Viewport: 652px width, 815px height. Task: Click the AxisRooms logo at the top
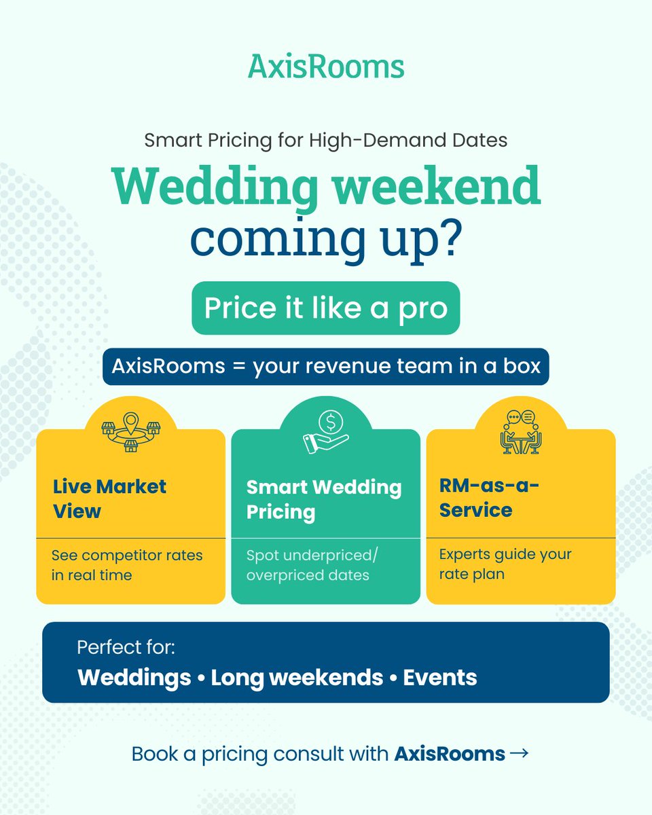[x=326, y=67]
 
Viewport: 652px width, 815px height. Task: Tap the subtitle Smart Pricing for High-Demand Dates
[x=326, y=141]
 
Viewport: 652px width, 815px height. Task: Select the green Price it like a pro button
[x=326, y=308]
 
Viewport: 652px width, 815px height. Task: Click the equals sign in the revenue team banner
[x=238, y=366]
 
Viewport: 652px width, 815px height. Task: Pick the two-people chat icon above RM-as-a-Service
[x=520, y=432]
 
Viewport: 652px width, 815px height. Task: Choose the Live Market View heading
[x=110, y=499]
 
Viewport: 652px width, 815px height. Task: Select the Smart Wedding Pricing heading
[x=324, y=499]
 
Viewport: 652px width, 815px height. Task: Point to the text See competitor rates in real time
[x=127, y=565]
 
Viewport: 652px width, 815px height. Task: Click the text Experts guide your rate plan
[x=505, y=564]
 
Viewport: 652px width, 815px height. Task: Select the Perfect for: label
[x=126, y=647]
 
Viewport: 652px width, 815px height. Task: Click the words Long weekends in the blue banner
[x=297, y=677]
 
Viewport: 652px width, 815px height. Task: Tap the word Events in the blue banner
[x=440, y=677]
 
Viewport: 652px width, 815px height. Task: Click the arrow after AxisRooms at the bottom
[x=518, y=753]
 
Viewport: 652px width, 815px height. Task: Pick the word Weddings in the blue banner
[x=134, y=677]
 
